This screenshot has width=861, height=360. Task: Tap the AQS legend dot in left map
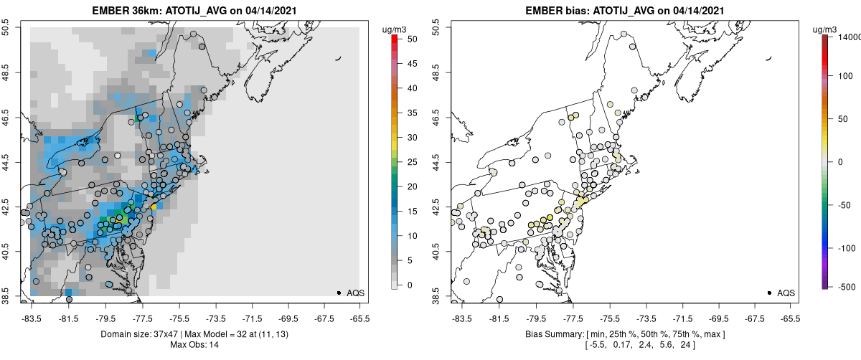(339, 293)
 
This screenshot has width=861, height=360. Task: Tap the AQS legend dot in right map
(769, 293)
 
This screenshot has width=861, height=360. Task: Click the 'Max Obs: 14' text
(196, 346)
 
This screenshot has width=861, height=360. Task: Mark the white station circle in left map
(117, 156)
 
